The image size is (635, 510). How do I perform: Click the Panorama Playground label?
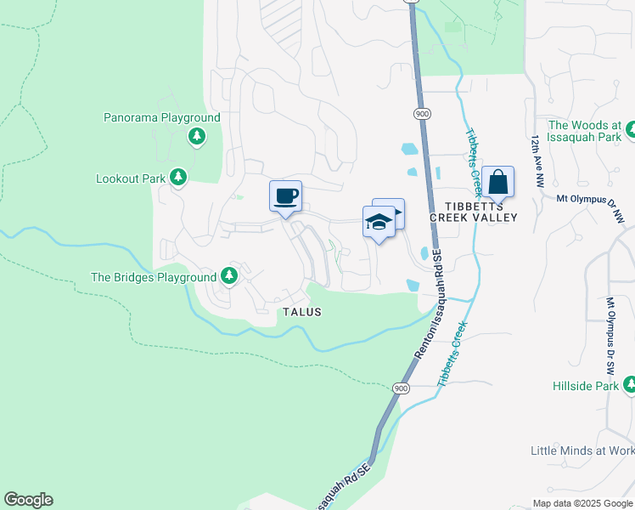point(161,118)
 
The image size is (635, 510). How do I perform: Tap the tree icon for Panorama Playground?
point(197,136)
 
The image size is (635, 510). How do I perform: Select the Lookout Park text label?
point(131,178)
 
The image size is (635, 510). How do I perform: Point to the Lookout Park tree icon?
point(177,177)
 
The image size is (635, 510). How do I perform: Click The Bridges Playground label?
point(154,277)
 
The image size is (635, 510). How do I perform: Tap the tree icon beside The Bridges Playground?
point(228,275)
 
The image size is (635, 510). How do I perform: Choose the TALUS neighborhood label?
point(301,312)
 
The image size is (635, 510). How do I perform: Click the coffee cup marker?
point(286,196)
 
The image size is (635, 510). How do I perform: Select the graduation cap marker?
point(379,223)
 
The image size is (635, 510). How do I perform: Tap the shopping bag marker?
point(498,182)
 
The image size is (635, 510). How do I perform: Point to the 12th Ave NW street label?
point(536,161)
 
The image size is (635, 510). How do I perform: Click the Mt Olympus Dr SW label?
point(610,337)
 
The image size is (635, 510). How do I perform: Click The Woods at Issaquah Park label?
point(585,130)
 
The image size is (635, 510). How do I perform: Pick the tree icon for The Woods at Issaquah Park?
point(631,130)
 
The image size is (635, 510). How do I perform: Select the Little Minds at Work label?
point(582,450)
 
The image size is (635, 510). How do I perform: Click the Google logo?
point(28,500)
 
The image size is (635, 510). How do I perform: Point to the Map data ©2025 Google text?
point(582,503)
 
